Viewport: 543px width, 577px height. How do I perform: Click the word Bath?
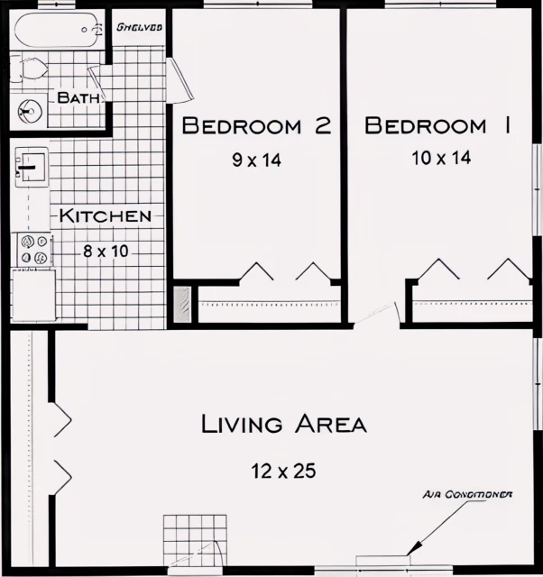coord(77,97)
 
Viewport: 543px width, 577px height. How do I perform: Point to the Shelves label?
coord(139,27)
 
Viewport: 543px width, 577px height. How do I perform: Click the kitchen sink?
coord(31,166)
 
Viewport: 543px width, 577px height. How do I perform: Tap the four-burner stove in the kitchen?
coord(33,250)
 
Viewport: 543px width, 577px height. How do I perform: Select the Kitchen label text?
coord(106,216)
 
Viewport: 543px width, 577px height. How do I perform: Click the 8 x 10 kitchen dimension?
coord(106,251)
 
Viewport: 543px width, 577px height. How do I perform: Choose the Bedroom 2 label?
coord(256,126)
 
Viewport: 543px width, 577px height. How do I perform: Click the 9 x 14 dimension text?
coord(257,160)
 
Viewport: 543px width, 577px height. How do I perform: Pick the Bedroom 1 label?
coord(437,126)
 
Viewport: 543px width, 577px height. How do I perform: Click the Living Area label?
coord(283,424)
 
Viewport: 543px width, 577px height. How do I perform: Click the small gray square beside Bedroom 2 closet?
coord(183,304)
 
